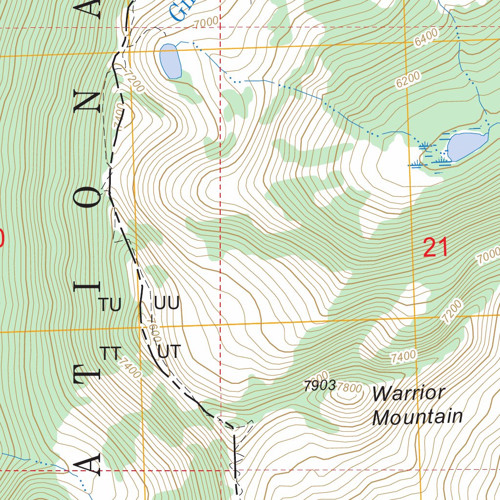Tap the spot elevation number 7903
click(x=319, y=386)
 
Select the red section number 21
click(x=436, y=248)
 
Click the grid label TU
click(x=110, y=305)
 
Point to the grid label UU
click(x=167, y=303)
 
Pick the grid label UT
click(x=169, y=351)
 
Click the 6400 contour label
click(x=425, y=38)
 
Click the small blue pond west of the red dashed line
click(x=170, y=61)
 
